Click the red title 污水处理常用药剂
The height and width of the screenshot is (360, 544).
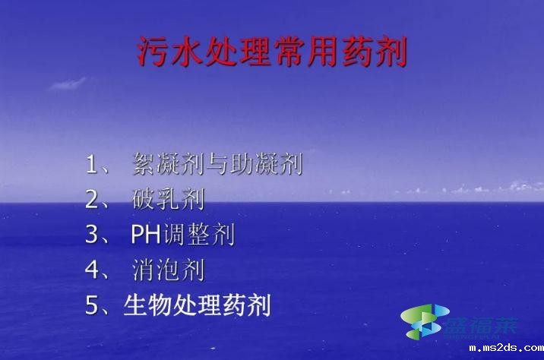coord(272,52)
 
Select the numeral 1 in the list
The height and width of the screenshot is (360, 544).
coord(93,163)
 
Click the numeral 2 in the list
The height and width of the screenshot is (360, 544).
coord(93,199)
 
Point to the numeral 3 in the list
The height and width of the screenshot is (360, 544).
coord(93,235)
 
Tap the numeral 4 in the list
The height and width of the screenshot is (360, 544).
coord(93,270)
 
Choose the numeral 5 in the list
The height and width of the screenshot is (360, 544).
coord(93,306)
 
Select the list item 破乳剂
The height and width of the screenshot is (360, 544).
coord(168,199)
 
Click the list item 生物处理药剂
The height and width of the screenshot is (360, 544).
coord(197,306)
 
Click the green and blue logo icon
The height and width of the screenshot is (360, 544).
coord(422,320)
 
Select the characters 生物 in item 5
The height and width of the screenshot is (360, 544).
coord(150,306)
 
